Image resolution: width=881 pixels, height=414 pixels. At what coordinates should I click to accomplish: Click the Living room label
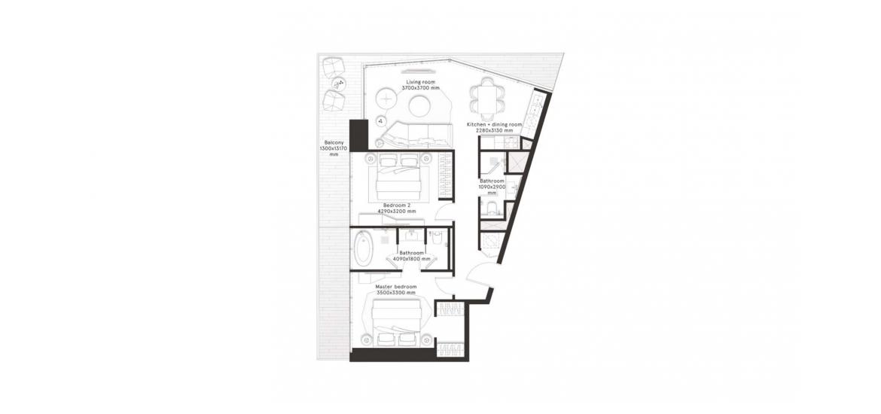[x=421, y=82]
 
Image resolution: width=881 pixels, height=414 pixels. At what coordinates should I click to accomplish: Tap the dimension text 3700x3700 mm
[x=421, y=88]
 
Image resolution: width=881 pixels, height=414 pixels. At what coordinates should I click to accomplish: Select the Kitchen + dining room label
[x=495, y=124]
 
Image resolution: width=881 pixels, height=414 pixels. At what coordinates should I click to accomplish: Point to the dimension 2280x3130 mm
[x=495, y=130]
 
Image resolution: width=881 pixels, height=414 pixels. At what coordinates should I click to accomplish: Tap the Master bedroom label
[x=396, y=287]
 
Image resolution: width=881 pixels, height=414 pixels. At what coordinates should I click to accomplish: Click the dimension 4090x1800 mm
[x=411, y=259]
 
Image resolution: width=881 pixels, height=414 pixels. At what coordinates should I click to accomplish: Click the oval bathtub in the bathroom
[x=363, y=249]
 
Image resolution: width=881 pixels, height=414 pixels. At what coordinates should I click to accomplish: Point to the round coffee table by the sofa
[x=419, y=105]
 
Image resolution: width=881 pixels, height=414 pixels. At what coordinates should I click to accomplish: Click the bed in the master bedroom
[x=398, y=322]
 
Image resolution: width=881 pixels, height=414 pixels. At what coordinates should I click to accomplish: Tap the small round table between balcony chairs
[x=338, y=84]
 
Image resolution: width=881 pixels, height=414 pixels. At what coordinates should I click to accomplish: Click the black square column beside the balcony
[x=358, y=135]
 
